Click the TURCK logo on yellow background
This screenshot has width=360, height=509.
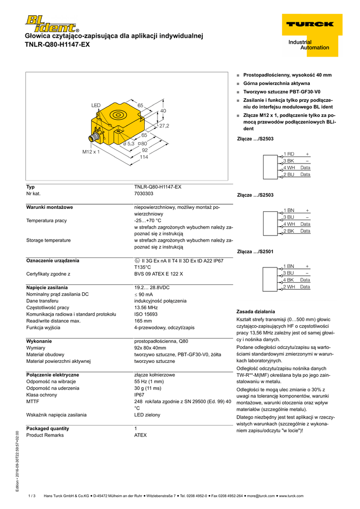tap(309, 24)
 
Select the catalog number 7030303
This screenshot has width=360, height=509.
tap(144, 193)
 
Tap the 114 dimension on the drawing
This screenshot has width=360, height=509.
tap(144, 157)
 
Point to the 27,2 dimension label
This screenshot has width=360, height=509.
tap(164, 126)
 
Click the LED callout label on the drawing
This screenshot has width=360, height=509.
tap(95, 105)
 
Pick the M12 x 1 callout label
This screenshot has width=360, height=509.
tap(90, 152)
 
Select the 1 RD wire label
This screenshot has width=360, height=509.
tap(288, 154)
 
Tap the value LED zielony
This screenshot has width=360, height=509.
tap(147, 415)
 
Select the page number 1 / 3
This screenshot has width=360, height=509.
tap(32, 496)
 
